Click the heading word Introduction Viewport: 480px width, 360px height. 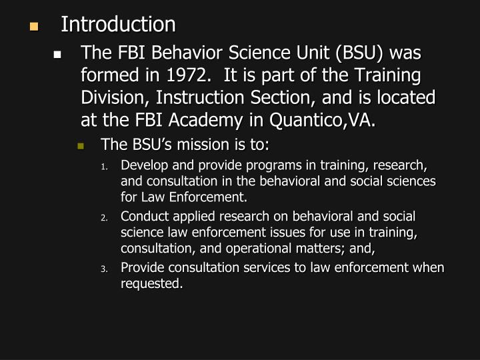(x=118, y=25)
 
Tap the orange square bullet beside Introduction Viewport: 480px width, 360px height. (x=33, y=27)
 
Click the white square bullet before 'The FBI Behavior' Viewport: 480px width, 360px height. (x=58, y=55)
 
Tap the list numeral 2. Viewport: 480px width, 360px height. (x=104, y=218)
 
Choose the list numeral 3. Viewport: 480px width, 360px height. (x=104, y=269)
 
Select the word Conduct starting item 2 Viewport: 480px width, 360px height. (x=143, y=217)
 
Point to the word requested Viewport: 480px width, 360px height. (x=151, y=283)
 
